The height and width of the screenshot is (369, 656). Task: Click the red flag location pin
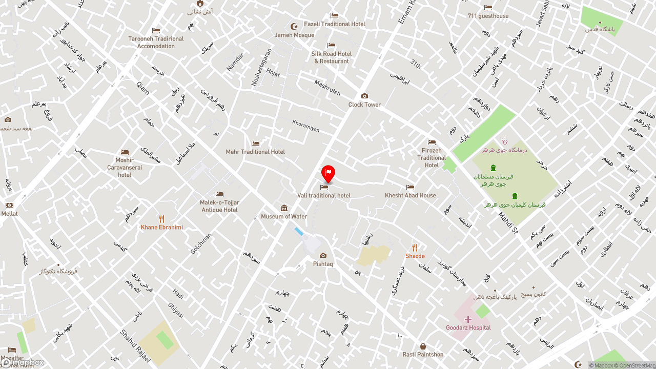328,173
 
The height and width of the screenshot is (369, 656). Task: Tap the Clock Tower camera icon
364,96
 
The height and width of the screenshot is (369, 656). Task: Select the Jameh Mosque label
294,35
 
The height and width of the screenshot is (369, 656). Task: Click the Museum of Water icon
284,208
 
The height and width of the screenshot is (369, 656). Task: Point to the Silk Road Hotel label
332,57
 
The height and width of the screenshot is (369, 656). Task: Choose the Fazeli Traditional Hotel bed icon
334,16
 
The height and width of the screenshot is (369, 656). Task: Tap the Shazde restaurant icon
415,248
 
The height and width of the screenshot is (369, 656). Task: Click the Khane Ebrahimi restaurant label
162,228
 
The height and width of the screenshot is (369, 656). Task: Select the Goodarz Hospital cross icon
468,319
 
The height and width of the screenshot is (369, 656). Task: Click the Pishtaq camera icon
323,255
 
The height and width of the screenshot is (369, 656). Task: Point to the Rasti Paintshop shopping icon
423,346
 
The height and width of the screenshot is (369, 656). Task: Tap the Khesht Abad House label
411,195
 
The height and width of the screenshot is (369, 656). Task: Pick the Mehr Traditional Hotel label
255,152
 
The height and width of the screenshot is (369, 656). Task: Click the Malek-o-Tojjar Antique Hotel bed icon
219,194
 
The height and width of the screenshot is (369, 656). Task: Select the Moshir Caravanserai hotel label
125,168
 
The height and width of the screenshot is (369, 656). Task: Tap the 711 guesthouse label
488,16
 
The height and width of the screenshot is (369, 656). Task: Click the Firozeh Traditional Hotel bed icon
432,142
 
